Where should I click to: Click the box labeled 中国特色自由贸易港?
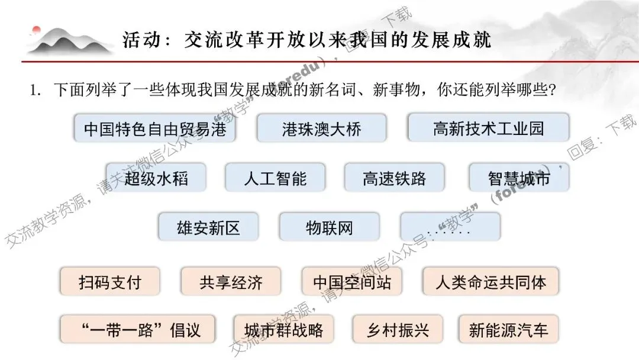point(155,128)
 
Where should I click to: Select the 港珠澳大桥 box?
point(321,128)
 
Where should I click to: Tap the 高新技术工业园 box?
point(488,128)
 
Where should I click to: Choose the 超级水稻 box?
point(156,178)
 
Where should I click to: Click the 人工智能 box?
point(275,178)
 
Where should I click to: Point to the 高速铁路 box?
point(394,178)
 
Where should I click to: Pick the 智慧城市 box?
point(518,178)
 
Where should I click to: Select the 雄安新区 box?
point(208,227)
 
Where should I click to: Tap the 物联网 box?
point(329,227)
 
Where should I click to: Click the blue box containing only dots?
point(450,227)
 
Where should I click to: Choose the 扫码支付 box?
point(110,281)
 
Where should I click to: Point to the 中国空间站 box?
point(352,281)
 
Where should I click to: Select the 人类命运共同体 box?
point(490,281)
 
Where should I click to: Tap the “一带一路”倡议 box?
point(137,329)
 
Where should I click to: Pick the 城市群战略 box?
point(284,329)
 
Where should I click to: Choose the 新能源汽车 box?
point(508,329)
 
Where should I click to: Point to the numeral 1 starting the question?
point(34,91)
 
